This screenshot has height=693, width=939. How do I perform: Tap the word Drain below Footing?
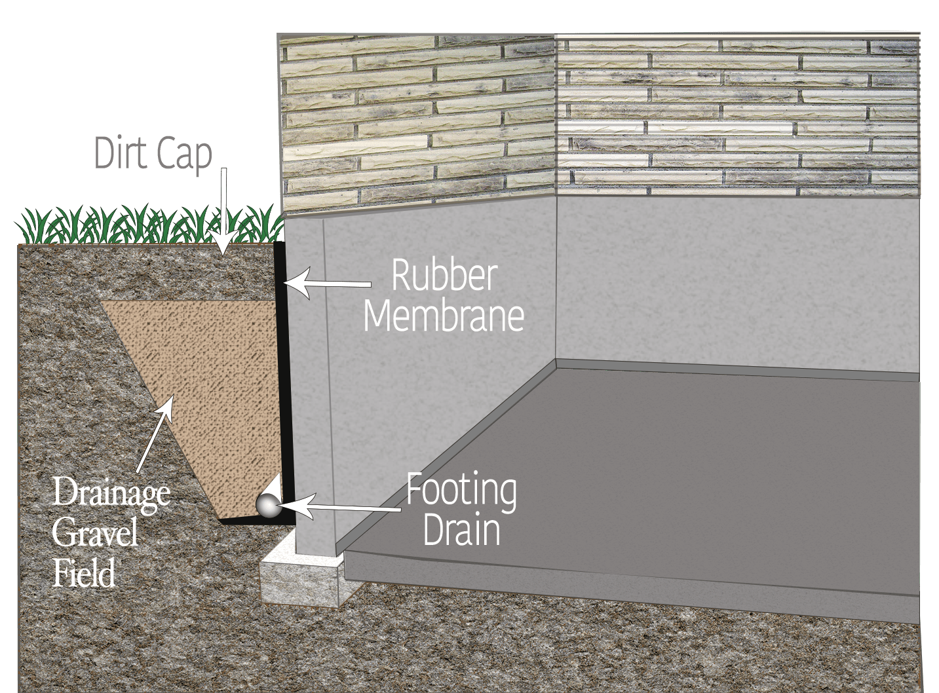(x=461, y=531)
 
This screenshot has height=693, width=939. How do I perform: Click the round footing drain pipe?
(x=267, y=506)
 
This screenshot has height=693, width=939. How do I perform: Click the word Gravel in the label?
(x=95, y=533)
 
